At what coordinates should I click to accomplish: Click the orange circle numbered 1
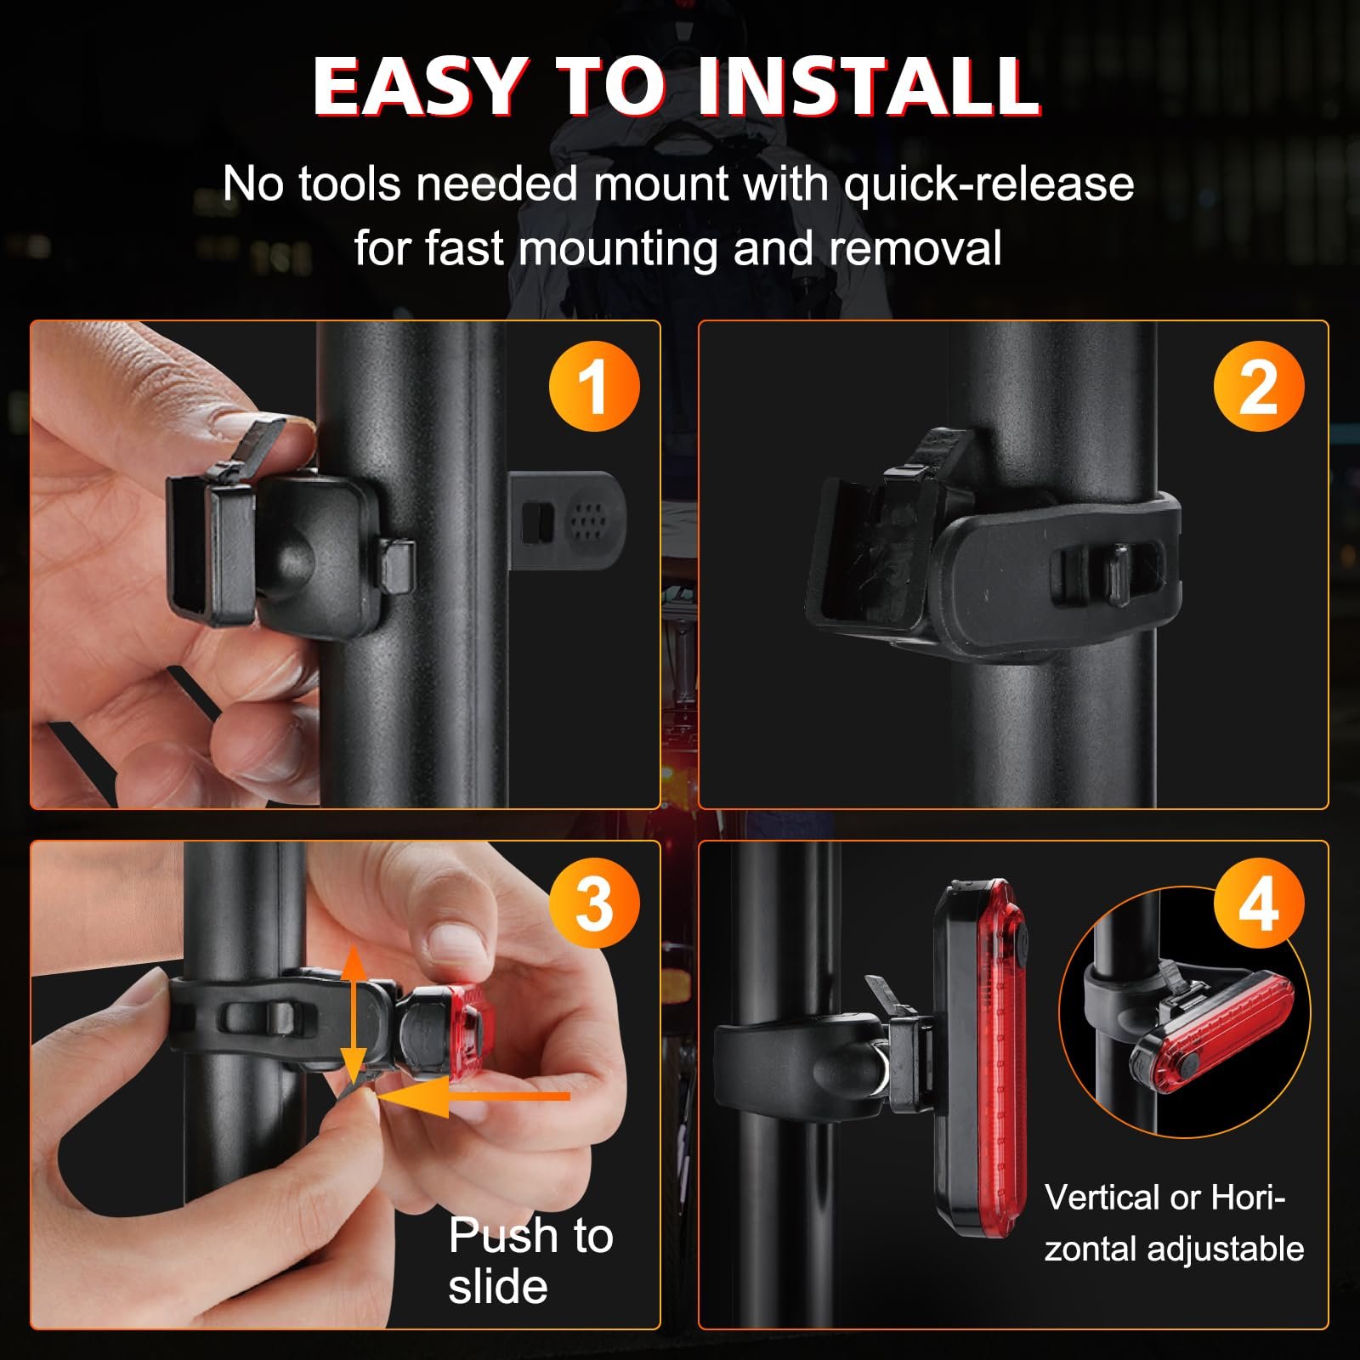coord(594,386)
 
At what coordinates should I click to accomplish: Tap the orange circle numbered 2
coord(1259,386)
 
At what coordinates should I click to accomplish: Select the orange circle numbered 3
coord(594,904)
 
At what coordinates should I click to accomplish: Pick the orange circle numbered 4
coord(1259,904)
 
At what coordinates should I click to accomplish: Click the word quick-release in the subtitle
coord(989,185)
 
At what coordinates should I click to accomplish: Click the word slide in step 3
coord(498,1286)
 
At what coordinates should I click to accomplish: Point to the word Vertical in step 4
coord(1102,1198)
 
